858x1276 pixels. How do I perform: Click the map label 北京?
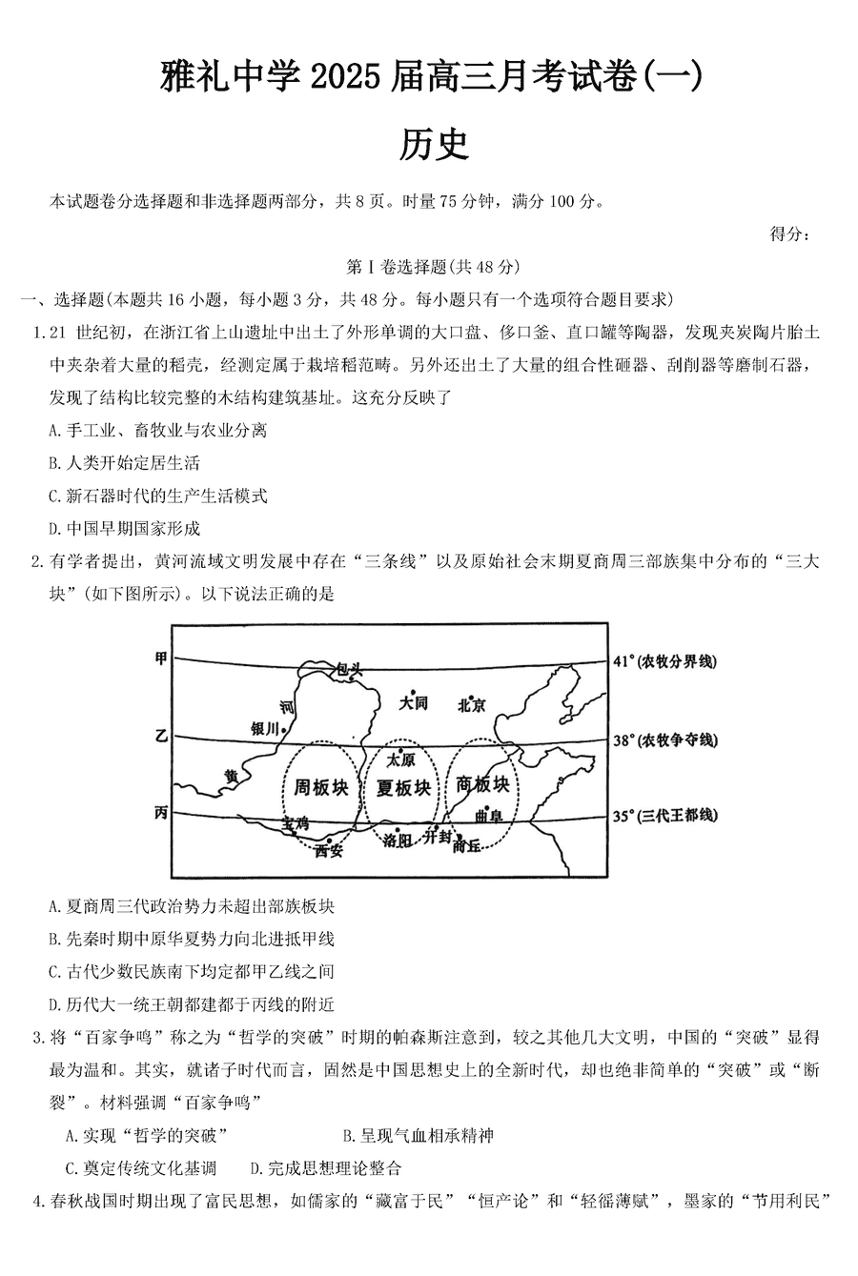point(471,705)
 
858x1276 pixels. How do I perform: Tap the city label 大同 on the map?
point(413,703)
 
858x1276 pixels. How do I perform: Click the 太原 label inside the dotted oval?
point(401,760)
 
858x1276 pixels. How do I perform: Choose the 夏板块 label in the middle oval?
point(402,788)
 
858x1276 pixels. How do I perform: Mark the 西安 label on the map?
point(328,851)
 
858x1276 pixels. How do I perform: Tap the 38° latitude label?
point(664,740)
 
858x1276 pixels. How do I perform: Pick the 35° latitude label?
point(664,817)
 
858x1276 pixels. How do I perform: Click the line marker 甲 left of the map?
point(161,658)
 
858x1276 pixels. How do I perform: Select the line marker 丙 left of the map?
point(161,813)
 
